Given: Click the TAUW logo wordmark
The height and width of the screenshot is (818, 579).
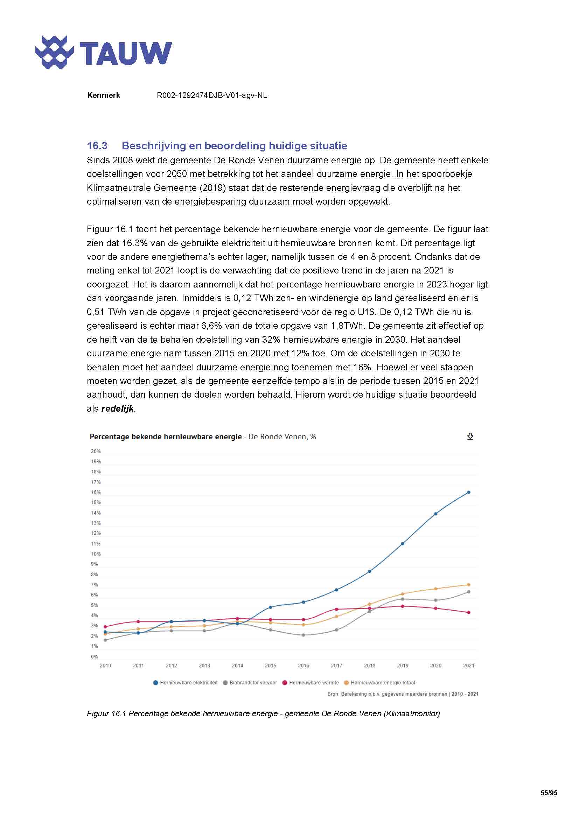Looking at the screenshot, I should (x=126, y=54).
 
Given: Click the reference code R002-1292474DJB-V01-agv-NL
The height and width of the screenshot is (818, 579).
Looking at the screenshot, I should (x=212, y=95).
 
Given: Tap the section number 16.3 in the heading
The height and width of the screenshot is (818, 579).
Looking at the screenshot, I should (x=97, y=146).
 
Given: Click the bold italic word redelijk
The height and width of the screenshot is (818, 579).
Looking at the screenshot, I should (x=117, y=408).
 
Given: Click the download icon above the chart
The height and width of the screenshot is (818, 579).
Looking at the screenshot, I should (x=470, y=436).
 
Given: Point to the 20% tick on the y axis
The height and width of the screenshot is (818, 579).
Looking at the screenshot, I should (x=96, y=451).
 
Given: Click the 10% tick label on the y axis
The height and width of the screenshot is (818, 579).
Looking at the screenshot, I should (x=96, y=554).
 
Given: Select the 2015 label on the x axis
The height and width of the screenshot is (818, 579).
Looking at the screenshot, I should (x=270, y=666).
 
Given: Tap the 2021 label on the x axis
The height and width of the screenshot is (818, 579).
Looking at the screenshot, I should (x=468, y=666).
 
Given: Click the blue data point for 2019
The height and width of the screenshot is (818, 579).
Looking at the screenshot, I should (x=403, y=544).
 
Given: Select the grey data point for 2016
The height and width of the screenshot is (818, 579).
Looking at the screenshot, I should (x=304, y=635).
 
